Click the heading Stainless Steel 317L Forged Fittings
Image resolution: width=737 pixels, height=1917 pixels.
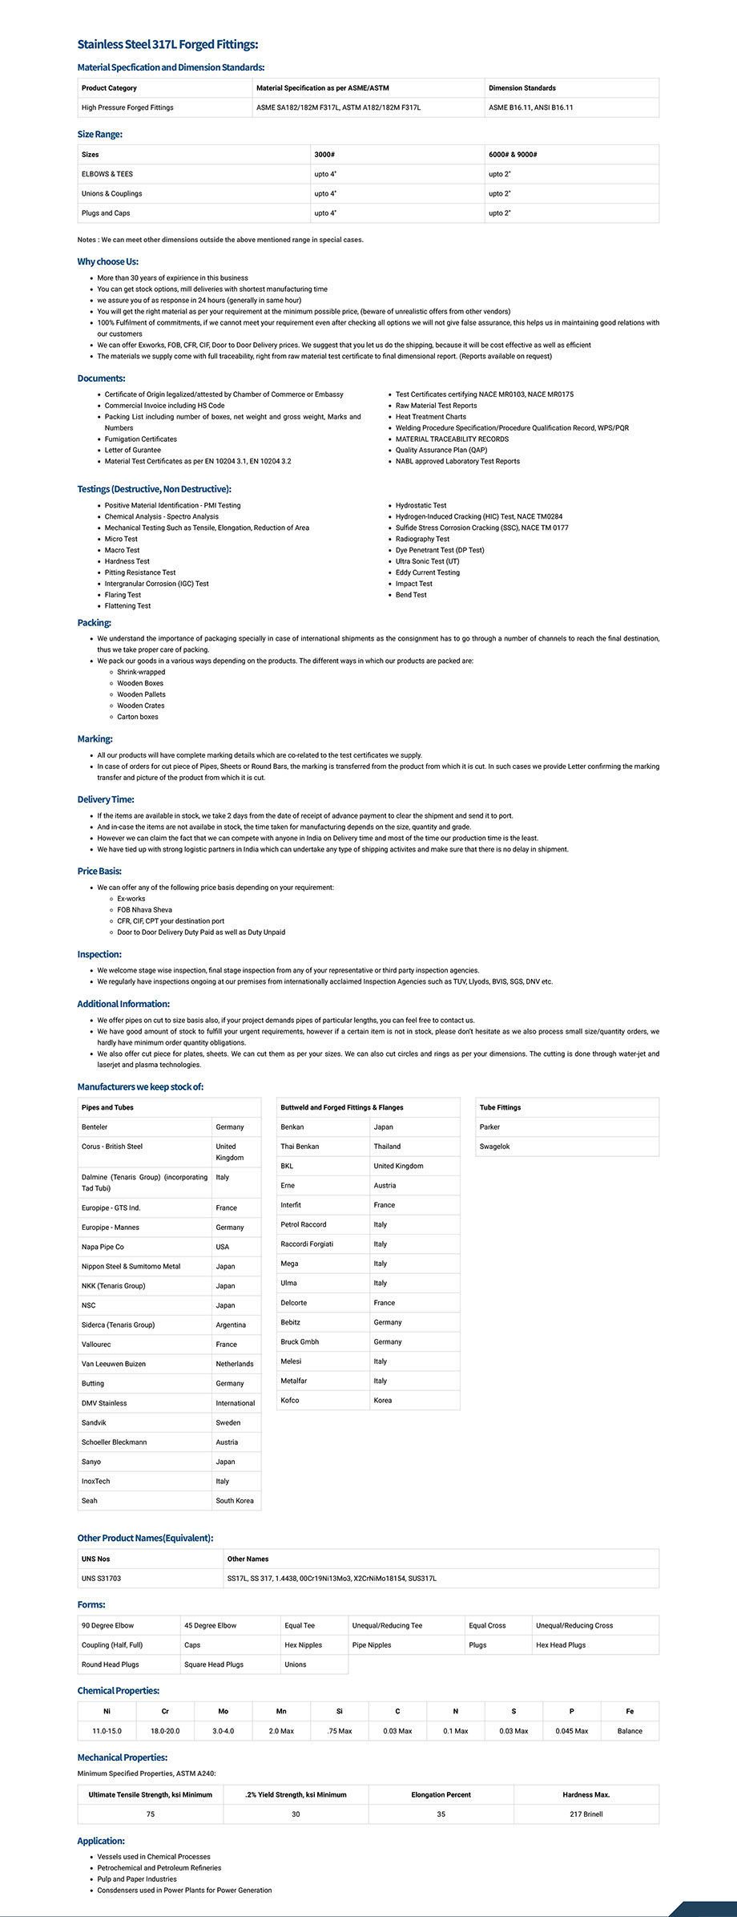pyautogui.click(x=167, y=45)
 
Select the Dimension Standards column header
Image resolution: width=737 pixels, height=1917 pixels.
pyautogui.click(x=522, y=88)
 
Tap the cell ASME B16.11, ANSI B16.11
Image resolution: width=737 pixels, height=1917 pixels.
pyautogui.click(x=530, y=107)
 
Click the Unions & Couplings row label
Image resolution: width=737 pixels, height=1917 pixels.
pyautogui.click(x=111, y=193)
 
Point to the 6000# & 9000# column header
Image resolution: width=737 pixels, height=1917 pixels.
pyautogui.click(x=513, y=155)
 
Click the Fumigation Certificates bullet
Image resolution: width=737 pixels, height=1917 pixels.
pyautogui.click(x=141, y=439)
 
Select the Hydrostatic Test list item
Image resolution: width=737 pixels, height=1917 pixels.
pyautogui.click(x=421, y=506)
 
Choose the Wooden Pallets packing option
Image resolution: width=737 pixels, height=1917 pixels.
pyautogui.click(x=141, y=694)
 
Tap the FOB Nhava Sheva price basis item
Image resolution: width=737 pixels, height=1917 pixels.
pyautogui.click(x=144, y=910)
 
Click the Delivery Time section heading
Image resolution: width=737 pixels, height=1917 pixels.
pyautogui.click(x=106, y=799)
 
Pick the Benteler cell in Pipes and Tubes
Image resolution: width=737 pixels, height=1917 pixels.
pyautogui.click(x=95, y=1127)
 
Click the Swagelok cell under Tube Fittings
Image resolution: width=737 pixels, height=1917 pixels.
pyautogui.click(x=494, y=1147)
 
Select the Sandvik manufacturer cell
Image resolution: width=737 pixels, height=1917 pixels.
pyautogui.click(x=94, y=1422)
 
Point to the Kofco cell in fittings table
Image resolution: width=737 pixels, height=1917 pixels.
pyautogui.click(x=290, y=1400)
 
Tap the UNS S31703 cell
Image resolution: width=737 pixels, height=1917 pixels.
pyautogui.click(x=101, y=1578)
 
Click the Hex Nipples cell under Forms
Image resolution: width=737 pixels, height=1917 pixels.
pyautogui.click(x=303, y=1644)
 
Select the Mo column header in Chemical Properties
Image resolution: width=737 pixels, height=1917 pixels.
pyautogui.click(x=223, y=1711)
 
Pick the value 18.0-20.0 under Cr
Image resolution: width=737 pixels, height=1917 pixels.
pyautogui.click(x=165, y=1730)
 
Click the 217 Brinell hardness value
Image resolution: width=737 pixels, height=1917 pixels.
pyautogui.click(x=586, y=1814)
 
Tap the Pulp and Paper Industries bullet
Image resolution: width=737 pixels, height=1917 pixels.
pyautogui.click(x=136, y=1879)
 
